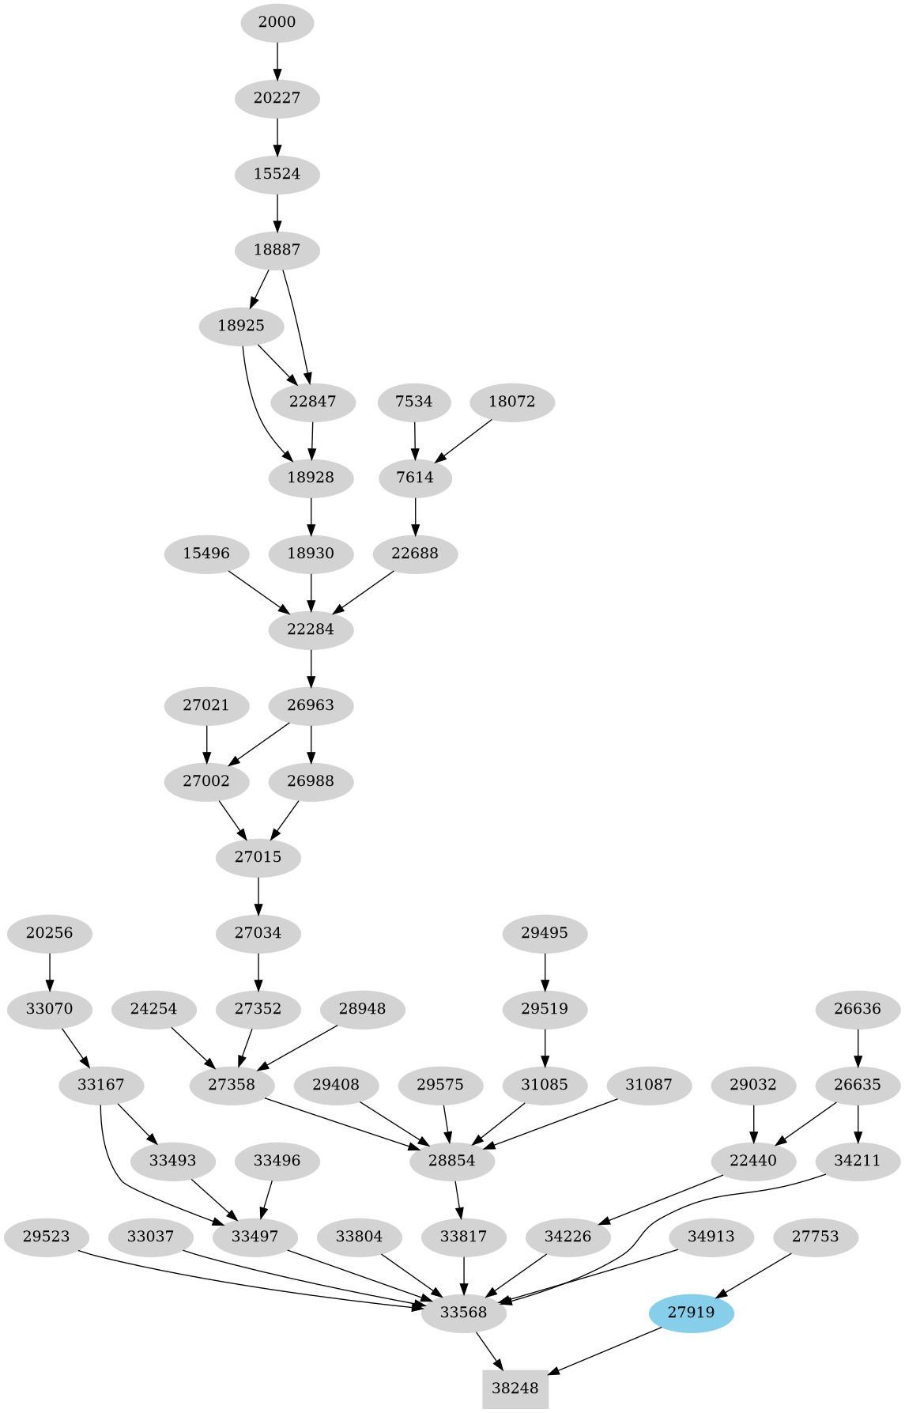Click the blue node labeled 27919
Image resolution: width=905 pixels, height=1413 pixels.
pyautogui.click(x=692, y=1313)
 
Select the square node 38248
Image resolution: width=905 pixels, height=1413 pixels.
pyautogui.click(x=515, y=1388)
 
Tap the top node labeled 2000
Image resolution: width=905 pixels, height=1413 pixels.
pyautogui.click(x=277, y=22)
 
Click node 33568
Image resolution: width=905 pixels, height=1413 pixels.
pyautogui.click(x=463, y=1313)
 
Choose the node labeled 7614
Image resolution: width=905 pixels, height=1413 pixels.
pyautogui.click(x=416, y=478)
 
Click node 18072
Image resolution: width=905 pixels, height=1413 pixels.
pyautogui.click(x=512, y=402)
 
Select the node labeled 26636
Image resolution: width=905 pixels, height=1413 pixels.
pyautogui.click(x=858, y=1009)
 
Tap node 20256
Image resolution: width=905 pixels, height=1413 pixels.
pyautogui.click(x=49, y=933)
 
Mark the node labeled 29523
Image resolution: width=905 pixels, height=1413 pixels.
pyautogui.click(x=47, y=1237)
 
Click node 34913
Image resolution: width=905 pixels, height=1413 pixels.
pyautogui.click(x=711, y=1237)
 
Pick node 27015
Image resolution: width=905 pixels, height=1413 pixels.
pyautogui.click(x=258, y=857)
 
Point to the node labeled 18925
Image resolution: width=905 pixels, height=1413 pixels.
pyautogui.click(x=241, y=326)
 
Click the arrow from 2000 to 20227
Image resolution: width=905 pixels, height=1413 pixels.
pyautogui.click(x=277, y=59)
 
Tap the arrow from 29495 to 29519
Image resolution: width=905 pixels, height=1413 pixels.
pyautogui.click(x=545, y=970)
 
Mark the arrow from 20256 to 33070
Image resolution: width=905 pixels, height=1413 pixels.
pyautogui.click(x=49, y=970)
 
